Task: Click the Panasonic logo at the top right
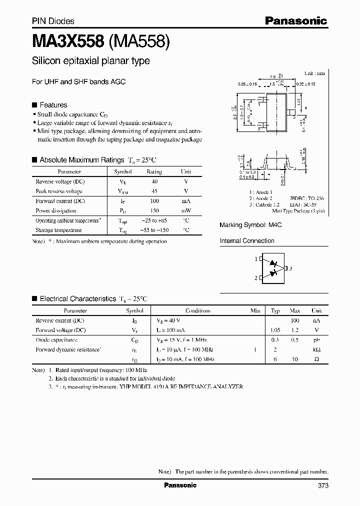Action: [295, 20]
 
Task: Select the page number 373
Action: [322, 485]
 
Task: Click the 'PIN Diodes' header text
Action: [53, 21]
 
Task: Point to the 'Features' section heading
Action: [53, 105]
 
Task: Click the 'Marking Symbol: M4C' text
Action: [250, 225]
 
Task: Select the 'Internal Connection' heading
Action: [247, 240]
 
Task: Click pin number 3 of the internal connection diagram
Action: [290, 268]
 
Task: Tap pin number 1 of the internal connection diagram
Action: [255, 259]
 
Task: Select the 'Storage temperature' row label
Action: [58, 230]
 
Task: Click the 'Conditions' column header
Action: [197, 310]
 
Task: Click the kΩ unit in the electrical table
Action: [316, 349]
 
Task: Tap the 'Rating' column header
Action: [154, 171]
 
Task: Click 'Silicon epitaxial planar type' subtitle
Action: [90, 61]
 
